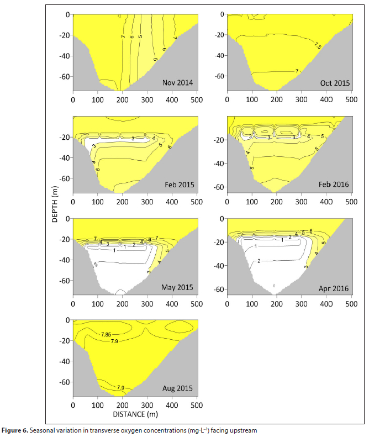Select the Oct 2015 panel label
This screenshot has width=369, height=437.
(x=334, y=83)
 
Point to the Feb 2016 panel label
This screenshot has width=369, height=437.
(x=334, y=184)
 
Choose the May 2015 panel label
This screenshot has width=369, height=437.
(x=176, y=287)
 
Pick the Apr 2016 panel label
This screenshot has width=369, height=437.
(x=334, y=287)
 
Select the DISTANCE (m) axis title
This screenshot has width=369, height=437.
(x=135, y=414)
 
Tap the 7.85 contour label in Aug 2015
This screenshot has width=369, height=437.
(x=109, y=334)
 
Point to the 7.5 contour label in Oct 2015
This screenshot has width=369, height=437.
(x=317, y=45)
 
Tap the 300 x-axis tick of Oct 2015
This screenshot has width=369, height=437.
(x=301, y=99)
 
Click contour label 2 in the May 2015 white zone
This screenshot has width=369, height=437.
(x=96, y=265)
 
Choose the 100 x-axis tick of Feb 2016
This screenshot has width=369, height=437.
(x=252, y=201)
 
